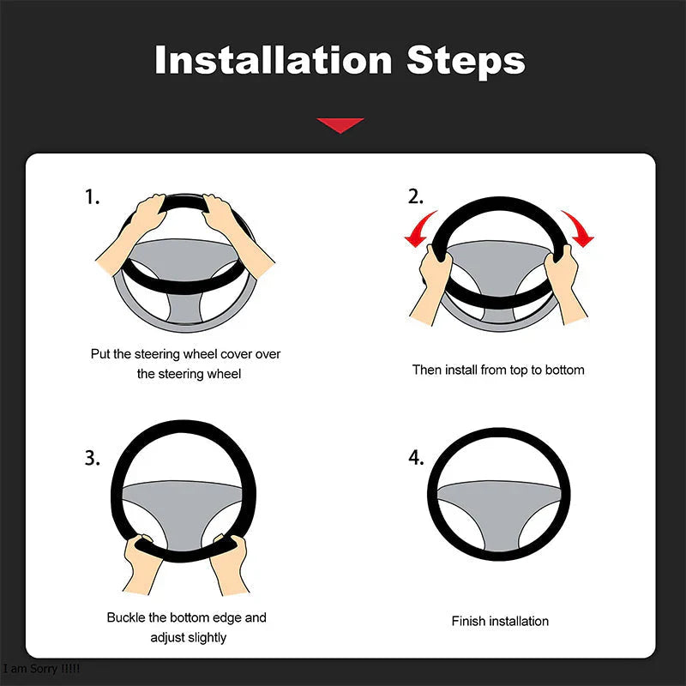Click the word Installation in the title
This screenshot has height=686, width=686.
click(273, 61)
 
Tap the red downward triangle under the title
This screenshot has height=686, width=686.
click(340, 125)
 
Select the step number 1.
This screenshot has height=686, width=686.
click(92, 197)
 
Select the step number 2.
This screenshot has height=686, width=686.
click(415, 197)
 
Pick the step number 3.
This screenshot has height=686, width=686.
click(92, 458)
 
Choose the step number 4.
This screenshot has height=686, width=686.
click(415, 458)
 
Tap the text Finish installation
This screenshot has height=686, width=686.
click(500, 621)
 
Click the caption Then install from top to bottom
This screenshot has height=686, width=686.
click(497, 370)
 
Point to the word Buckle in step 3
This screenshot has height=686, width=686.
click(125, 617)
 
